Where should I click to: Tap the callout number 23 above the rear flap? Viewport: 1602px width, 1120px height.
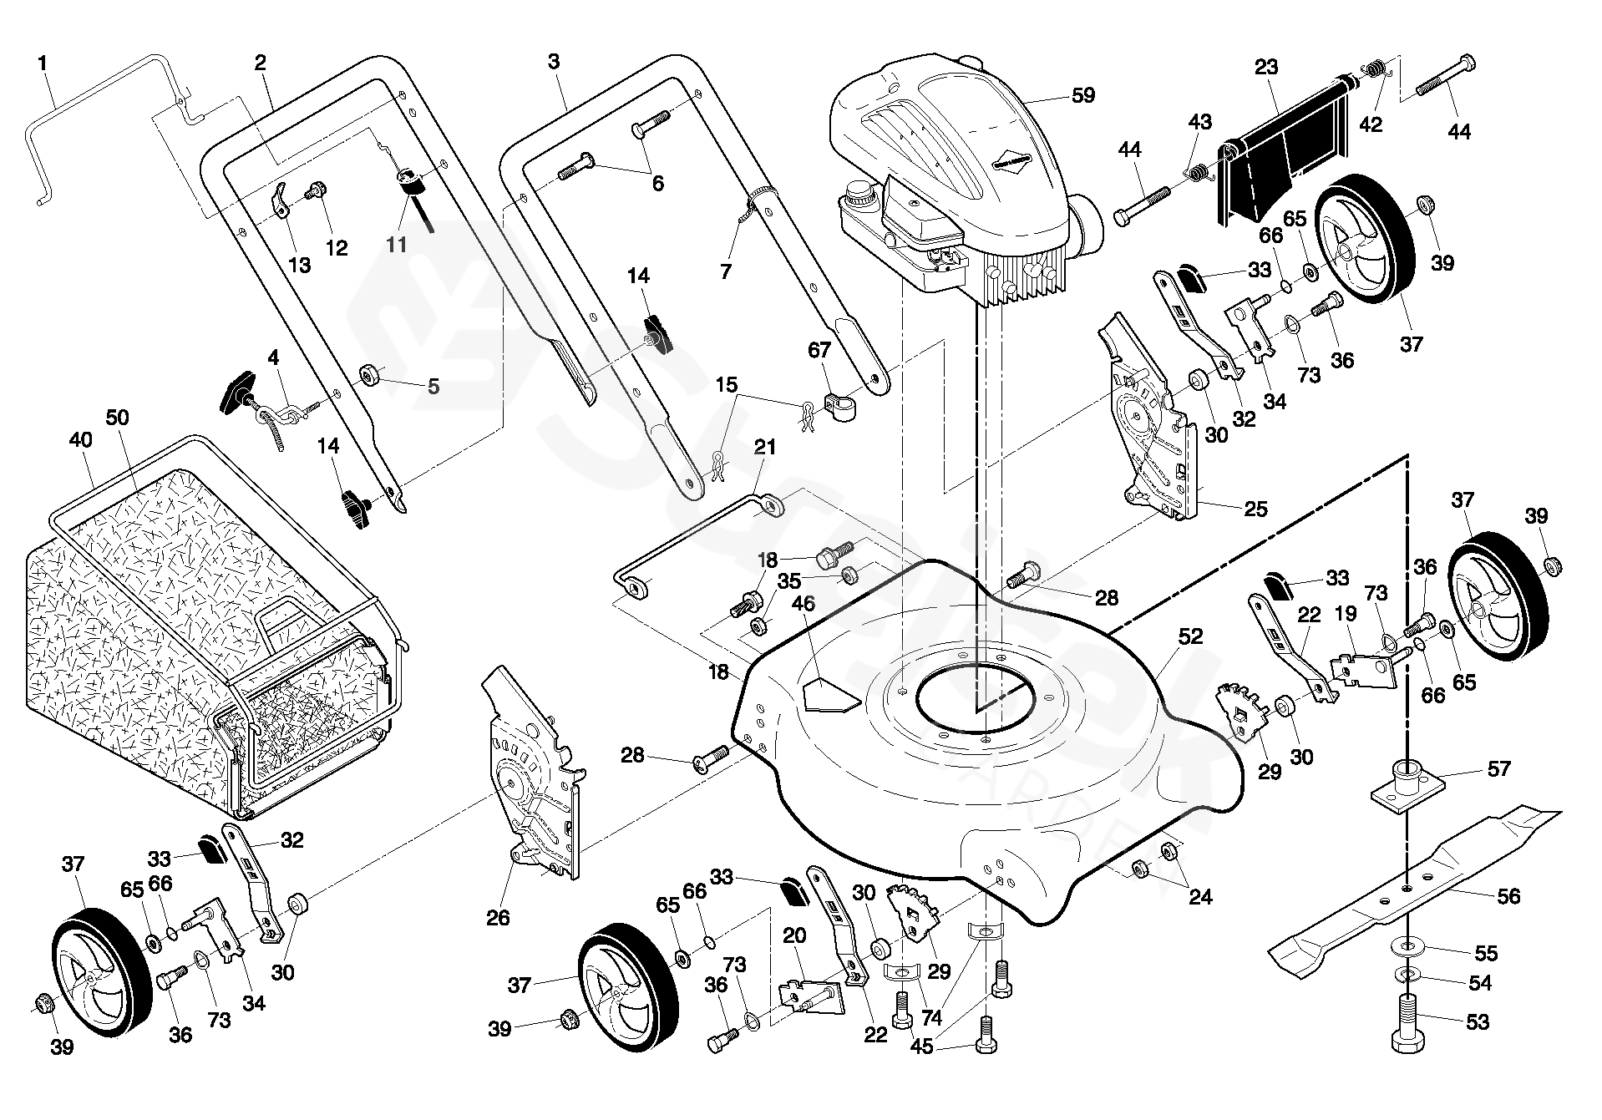click(x=1266, y=67)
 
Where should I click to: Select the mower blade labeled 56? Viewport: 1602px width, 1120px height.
click(x=1412, y=885)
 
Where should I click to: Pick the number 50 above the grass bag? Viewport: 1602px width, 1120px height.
click(x=118, y=417)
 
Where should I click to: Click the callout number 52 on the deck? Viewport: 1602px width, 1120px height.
click(x=1190, y=636)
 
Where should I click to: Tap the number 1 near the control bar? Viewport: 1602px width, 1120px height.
click(x=42, y=62)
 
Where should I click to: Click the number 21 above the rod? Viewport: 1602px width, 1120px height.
click(x=764, y=448)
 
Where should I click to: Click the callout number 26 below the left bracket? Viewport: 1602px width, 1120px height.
click(x=498, y=918)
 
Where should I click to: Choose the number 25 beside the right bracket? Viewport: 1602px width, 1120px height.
click(x=1255, y=508)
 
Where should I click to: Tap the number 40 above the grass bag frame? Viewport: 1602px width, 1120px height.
click(x=80, y=440)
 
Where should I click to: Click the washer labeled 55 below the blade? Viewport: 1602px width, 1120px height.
click(x=1410, y=947)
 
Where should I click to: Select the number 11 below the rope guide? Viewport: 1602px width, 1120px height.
click(x=396, y=244)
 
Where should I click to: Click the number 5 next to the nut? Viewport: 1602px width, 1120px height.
click(x=433, y=386)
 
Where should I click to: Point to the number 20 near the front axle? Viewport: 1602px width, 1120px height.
click(x=794, y=936)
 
